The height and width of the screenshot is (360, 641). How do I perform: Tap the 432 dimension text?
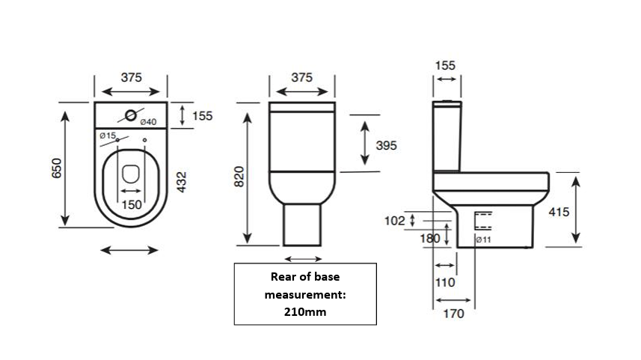(x=181, y=182)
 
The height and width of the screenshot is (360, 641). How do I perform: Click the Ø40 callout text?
(x=147, y=122)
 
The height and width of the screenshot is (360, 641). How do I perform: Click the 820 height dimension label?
(x=240, y=177)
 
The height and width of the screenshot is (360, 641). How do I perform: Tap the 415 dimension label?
(x=559, y=213)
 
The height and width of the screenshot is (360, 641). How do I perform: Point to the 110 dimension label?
(x=444, y=282)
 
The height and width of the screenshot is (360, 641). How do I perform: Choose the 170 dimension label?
(x=454, y=314)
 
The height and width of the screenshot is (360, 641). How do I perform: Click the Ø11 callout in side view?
(x=482, y=240)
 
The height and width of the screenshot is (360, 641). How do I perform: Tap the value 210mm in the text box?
(x=304, y=311)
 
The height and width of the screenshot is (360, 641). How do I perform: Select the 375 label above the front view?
(x=301, y=77)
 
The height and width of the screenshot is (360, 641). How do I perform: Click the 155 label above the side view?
(x=445, y=67)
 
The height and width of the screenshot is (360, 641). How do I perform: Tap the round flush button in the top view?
(x=132, y=115)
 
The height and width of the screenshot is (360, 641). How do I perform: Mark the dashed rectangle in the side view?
(x=483, y=221)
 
